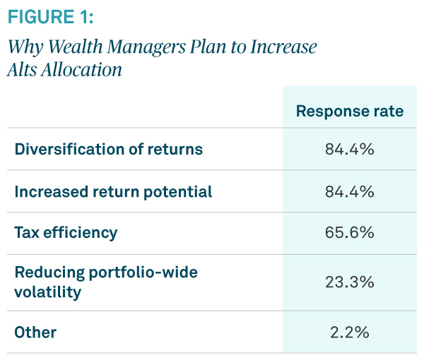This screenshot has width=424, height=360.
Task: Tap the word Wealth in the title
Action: [x=72, y=47]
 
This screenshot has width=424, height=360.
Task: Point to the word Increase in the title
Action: [x=283, y=47]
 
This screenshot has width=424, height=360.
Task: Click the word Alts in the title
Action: [x=25, y=71]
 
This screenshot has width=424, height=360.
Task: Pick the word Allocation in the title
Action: [x=83, y=71]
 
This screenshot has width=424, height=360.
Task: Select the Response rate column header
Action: [x=349, y=111]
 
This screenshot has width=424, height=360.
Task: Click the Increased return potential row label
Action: [x=114, y=191]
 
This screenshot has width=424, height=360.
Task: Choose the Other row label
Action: [x=35, y=332]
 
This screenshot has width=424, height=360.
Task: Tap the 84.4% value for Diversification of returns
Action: [x=349, y=150]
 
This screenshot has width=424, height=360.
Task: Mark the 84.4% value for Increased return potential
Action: [x=349, y=191]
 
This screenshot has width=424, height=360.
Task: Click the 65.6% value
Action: [x=349, y=232]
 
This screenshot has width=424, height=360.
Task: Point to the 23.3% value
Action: [x=349, y=282]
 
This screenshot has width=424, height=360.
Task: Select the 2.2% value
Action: [x=349, y=332]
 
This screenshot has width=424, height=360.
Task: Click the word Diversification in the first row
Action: [x=61, y=150]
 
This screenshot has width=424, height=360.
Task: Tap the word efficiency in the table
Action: [x=81, y=232]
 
